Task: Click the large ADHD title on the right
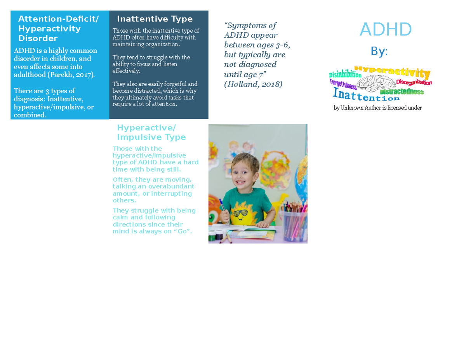tap(386, 30)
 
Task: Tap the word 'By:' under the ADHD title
tap(379, 52)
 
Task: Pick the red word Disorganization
tap(414, 82)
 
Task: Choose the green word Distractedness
tap(402, 92)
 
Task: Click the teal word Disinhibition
tap(345, 74)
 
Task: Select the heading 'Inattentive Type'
tap(155, 19)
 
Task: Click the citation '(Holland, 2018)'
tap(253, 84)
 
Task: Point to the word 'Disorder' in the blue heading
tap(38, 38)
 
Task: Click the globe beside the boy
tap(301, 175)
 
